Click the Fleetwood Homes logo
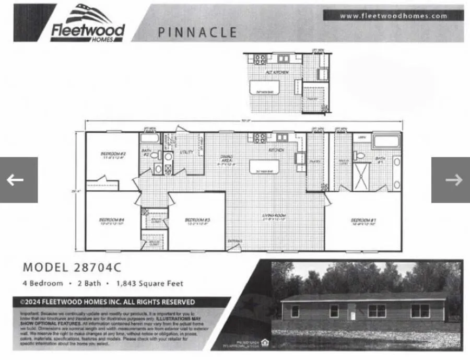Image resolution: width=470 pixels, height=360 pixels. click(x=88, y=24)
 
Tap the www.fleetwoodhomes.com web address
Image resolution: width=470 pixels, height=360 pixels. click(x=393, y=16)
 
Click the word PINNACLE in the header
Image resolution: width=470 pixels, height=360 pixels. click(x=197, y=33)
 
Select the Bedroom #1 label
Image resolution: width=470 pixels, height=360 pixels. click(x=363, y=221)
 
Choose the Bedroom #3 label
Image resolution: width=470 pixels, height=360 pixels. click(x=197, y=221)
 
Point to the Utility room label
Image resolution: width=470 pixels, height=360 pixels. click(x=186, y=152)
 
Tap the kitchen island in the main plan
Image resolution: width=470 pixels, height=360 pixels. click(x=264, y=167)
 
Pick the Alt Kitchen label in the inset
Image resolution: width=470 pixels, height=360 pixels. click(x=277, y=72)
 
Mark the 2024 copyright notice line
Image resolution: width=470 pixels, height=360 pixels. click(x=108, y=302)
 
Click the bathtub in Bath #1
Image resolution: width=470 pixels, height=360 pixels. click(x=386, y=142)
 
